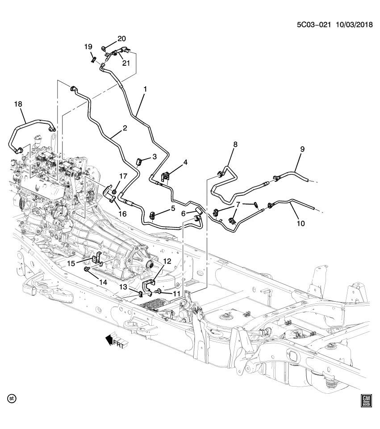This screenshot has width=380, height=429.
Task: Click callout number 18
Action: tap(18, 104)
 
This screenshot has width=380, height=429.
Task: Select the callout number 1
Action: tap(145, 88)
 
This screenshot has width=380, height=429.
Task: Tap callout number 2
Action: tap(125, 128)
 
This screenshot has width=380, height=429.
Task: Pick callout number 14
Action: tap(103, 282)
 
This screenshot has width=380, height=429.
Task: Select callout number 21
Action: tap(126, 63)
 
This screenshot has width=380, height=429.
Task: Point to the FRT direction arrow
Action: tap(114, 342)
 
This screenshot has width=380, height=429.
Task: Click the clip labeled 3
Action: tap(139, 160)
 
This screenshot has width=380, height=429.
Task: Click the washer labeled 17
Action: tap(114, 192)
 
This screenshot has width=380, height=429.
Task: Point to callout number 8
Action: tap(235, 144)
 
